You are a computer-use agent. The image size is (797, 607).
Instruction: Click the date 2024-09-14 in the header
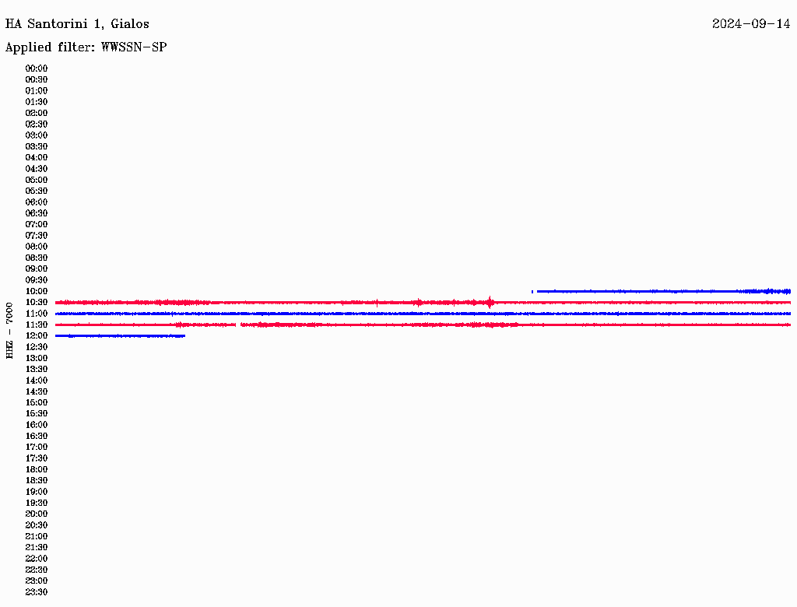coord(751,24)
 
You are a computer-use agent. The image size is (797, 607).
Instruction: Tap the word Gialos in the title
coord(130,24)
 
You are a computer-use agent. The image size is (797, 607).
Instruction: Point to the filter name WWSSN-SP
coord(134,47)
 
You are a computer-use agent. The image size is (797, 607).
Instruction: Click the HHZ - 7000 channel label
coord(9,331)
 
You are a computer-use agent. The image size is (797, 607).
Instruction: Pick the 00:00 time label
coord(37,68)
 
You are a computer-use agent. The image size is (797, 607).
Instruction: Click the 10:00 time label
coord(37,291)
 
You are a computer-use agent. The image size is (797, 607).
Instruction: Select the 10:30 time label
coord(37,303)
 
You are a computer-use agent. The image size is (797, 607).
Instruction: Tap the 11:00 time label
coord(37,314)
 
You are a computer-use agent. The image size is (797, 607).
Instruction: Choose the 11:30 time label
coord(37,325)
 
